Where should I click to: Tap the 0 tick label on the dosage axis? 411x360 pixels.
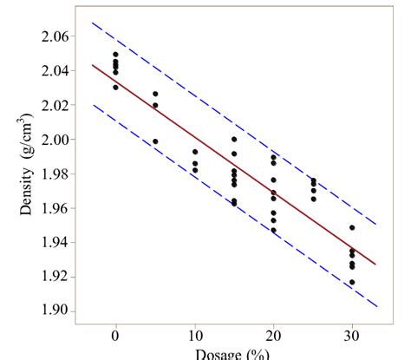(x=115, y=336)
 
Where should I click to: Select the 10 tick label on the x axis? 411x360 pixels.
(x=194, y=336)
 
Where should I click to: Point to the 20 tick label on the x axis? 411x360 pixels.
(x=273, y=336)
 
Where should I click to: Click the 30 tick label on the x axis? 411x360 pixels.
(x=352, y=336)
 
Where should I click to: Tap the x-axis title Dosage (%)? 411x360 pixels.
(x=232, y=353)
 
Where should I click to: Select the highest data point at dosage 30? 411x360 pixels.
(x=352, y=228)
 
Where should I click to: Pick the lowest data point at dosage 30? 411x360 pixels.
(x=352, y=282)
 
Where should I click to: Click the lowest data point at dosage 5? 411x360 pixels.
(x=155, y=141)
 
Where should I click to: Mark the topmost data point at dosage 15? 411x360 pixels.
(x=234, y=139)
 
